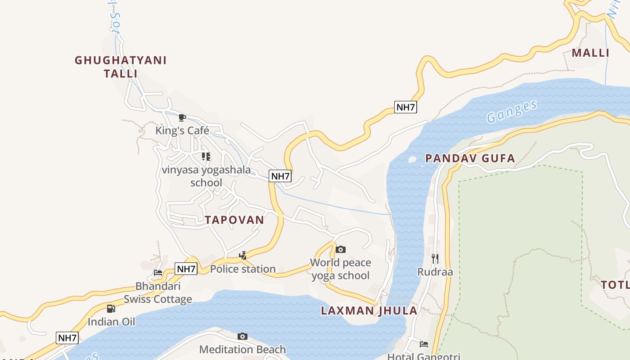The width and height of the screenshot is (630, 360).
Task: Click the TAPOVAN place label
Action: click(234, 220)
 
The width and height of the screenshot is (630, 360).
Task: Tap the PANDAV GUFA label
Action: click(470, 158)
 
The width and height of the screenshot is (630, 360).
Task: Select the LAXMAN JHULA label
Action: click(369, 310)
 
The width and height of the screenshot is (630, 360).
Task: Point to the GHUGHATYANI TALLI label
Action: click(121, 67)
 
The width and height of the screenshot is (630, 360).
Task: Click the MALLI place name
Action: click(590, 53)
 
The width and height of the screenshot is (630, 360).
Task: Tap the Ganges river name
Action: click(512, 111)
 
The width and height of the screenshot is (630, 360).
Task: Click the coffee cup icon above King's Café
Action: click(182, 118)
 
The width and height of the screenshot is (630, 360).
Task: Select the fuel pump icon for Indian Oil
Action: click(111, 309)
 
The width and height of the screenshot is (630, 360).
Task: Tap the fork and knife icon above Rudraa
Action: click(435, 258)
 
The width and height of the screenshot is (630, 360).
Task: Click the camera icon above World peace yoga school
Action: click(341, 249)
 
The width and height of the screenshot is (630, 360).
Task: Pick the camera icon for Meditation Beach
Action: click(243, 336)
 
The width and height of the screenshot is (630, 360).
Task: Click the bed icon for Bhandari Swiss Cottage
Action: click(158, 273)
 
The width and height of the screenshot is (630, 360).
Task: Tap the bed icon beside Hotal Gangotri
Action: click(424, 344)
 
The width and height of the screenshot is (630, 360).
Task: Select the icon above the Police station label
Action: click(243, 256)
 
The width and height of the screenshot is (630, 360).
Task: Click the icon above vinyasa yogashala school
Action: click(206, 157)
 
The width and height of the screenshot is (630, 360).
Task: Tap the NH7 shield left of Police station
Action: click(186, 269)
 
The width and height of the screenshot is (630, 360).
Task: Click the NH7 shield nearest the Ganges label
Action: click(405, 107)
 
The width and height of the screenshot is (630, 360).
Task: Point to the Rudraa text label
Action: click(435, 272)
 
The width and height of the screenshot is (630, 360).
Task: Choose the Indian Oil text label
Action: click(111, 322)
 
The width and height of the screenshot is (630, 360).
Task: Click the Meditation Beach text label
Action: click(243, 349)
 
